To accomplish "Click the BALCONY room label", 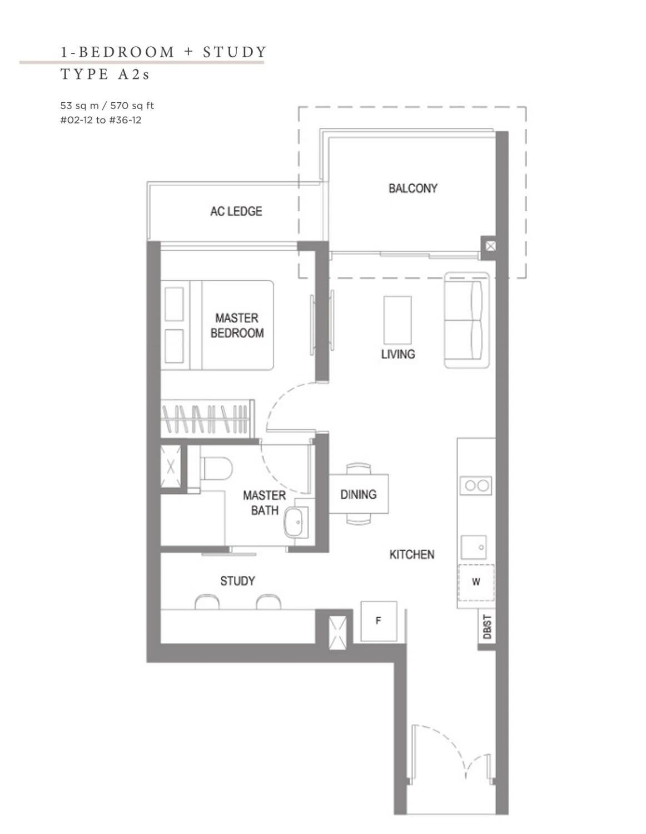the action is [413, 188].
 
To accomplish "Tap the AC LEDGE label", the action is [236, 211].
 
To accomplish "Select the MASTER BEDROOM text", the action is [237, 325].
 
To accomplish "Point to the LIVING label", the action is [398, 354].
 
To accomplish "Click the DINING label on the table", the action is [358, 494].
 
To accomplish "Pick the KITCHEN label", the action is [411, 554].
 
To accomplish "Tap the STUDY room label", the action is [237, 580].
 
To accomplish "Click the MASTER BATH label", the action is [264, 503].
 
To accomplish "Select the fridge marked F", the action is [379, 620].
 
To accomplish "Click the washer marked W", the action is [476, 582].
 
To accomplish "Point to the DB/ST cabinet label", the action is [487, 627].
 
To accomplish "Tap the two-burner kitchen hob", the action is [476, 485].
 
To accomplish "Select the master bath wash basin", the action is [296, 522].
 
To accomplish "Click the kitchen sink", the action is [474, 547].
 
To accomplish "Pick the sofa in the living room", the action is [466, 320].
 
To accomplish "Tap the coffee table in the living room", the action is [397, 320].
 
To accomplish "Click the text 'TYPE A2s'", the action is [105, 74].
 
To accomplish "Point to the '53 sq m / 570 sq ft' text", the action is [107, 106].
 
